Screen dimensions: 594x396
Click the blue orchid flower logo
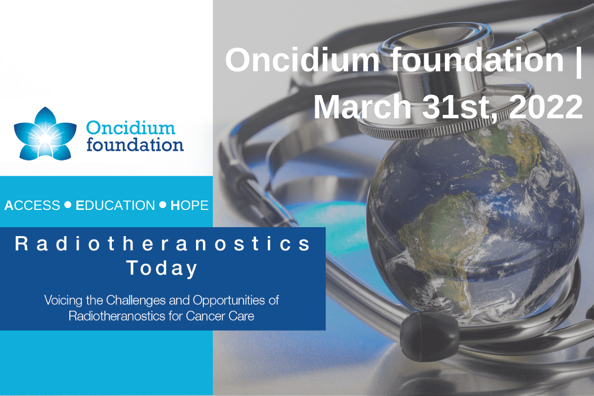coord(45,134)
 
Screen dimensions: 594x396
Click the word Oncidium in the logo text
coord(131,128)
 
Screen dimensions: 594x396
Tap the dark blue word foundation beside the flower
coord(135,145)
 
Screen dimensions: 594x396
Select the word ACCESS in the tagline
coord(32,205)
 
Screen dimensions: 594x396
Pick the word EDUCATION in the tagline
coord(115,205)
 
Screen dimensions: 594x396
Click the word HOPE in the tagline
coord(190,205)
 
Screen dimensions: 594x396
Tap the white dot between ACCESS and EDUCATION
coord(68,204)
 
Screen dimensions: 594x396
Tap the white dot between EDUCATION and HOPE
coord(163,204)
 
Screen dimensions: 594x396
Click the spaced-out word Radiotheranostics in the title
coord(162,244)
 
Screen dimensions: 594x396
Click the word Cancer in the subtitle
coord(205,316)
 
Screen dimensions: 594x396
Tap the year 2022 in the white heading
coord(545,107)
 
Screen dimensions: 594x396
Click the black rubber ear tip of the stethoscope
coord(428,336)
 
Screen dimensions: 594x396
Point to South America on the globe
coord(445,239)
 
